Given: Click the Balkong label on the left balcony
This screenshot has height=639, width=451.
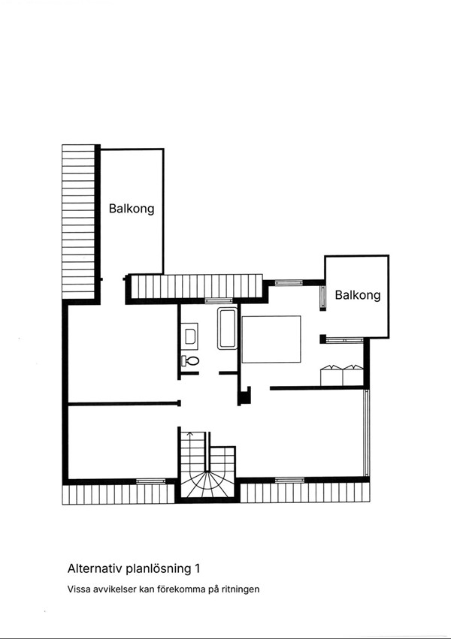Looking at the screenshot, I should pyautogui.click(x=132, y=209).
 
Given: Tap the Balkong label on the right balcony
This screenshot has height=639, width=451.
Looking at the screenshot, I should pyautogui.click(x=358, y=295).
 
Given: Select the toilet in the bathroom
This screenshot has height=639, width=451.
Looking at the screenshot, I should pyautogui.click(x=191, y=361).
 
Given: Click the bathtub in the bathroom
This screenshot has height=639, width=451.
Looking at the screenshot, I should pyautogui.click(x=227, y=328).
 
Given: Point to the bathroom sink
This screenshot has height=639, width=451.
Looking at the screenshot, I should pyautogui.click(x=190, y=335).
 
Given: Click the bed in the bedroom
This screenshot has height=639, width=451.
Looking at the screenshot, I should pyautogui.click(x=271, y=339).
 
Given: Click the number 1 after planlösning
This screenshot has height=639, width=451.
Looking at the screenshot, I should pyautogui.click(x=198, y=568).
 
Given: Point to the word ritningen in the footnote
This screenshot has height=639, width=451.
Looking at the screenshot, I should pyautogui.click(x=239, y=589).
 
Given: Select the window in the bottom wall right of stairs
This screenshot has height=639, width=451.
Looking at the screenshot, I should pyautogui.click(x=289, y=479).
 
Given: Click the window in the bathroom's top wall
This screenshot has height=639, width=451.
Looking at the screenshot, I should pyautogui.click(x=225, y=300).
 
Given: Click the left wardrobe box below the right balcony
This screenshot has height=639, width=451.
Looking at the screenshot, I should pyautogui.click(x=331, y=375).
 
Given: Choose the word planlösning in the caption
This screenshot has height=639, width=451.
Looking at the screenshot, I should pyautogui.click(x=159, y=568).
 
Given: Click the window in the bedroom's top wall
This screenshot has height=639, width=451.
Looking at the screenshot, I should pyautogui.click(x=286, y=282).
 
